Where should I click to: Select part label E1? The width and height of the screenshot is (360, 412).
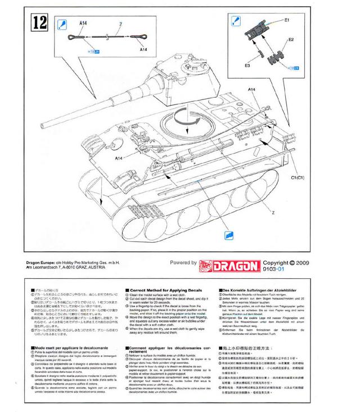286,20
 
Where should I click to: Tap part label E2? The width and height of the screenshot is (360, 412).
291,40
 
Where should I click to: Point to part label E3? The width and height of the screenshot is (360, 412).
247,66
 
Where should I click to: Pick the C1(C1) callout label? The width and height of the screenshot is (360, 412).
298,178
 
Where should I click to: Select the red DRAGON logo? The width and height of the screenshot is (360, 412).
229,264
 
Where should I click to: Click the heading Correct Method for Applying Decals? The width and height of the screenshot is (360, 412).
164,290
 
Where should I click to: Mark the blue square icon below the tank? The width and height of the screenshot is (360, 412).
229,236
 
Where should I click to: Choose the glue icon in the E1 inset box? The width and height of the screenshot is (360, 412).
237,23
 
